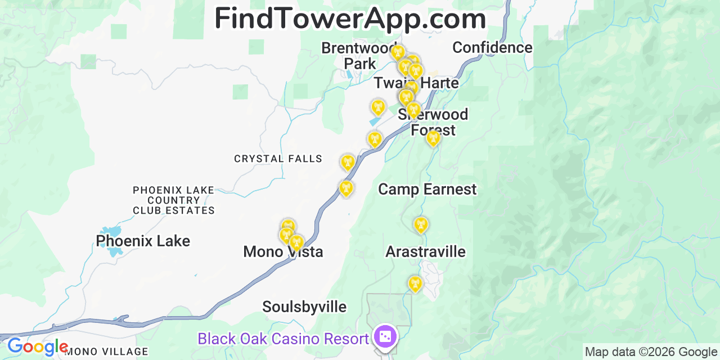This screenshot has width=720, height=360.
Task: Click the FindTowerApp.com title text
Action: tap(350, 19)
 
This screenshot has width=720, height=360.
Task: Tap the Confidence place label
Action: tap(492, 48)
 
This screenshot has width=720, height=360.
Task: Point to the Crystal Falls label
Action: tap(278, 159)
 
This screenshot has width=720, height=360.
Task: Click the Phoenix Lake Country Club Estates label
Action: tap(174, 200)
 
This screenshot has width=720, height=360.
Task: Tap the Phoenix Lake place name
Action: tap(143, 241)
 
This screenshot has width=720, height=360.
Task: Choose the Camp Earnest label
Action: tap(427, 190)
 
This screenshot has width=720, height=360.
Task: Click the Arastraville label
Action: tap(425, 251)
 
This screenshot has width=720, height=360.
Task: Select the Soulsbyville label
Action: tap(304, 307)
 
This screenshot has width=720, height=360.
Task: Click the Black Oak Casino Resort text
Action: tap(283, 339)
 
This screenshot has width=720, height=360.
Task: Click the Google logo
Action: tap(37, 347)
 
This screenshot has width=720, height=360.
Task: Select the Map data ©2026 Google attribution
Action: tap(651, 352)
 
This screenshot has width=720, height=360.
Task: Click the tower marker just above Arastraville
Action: tap(420, 225)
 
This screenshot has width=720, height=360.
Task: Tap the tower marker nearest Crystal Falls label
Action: tap(348, 163)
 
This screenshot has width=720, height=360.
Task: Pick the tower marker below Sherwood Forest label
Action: tap(433, 138)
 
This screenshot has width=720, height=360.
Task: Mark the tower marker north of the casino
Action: tap(415, 284)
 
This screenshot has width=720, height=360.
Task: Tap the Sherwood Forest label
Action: tap(433, 122)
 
